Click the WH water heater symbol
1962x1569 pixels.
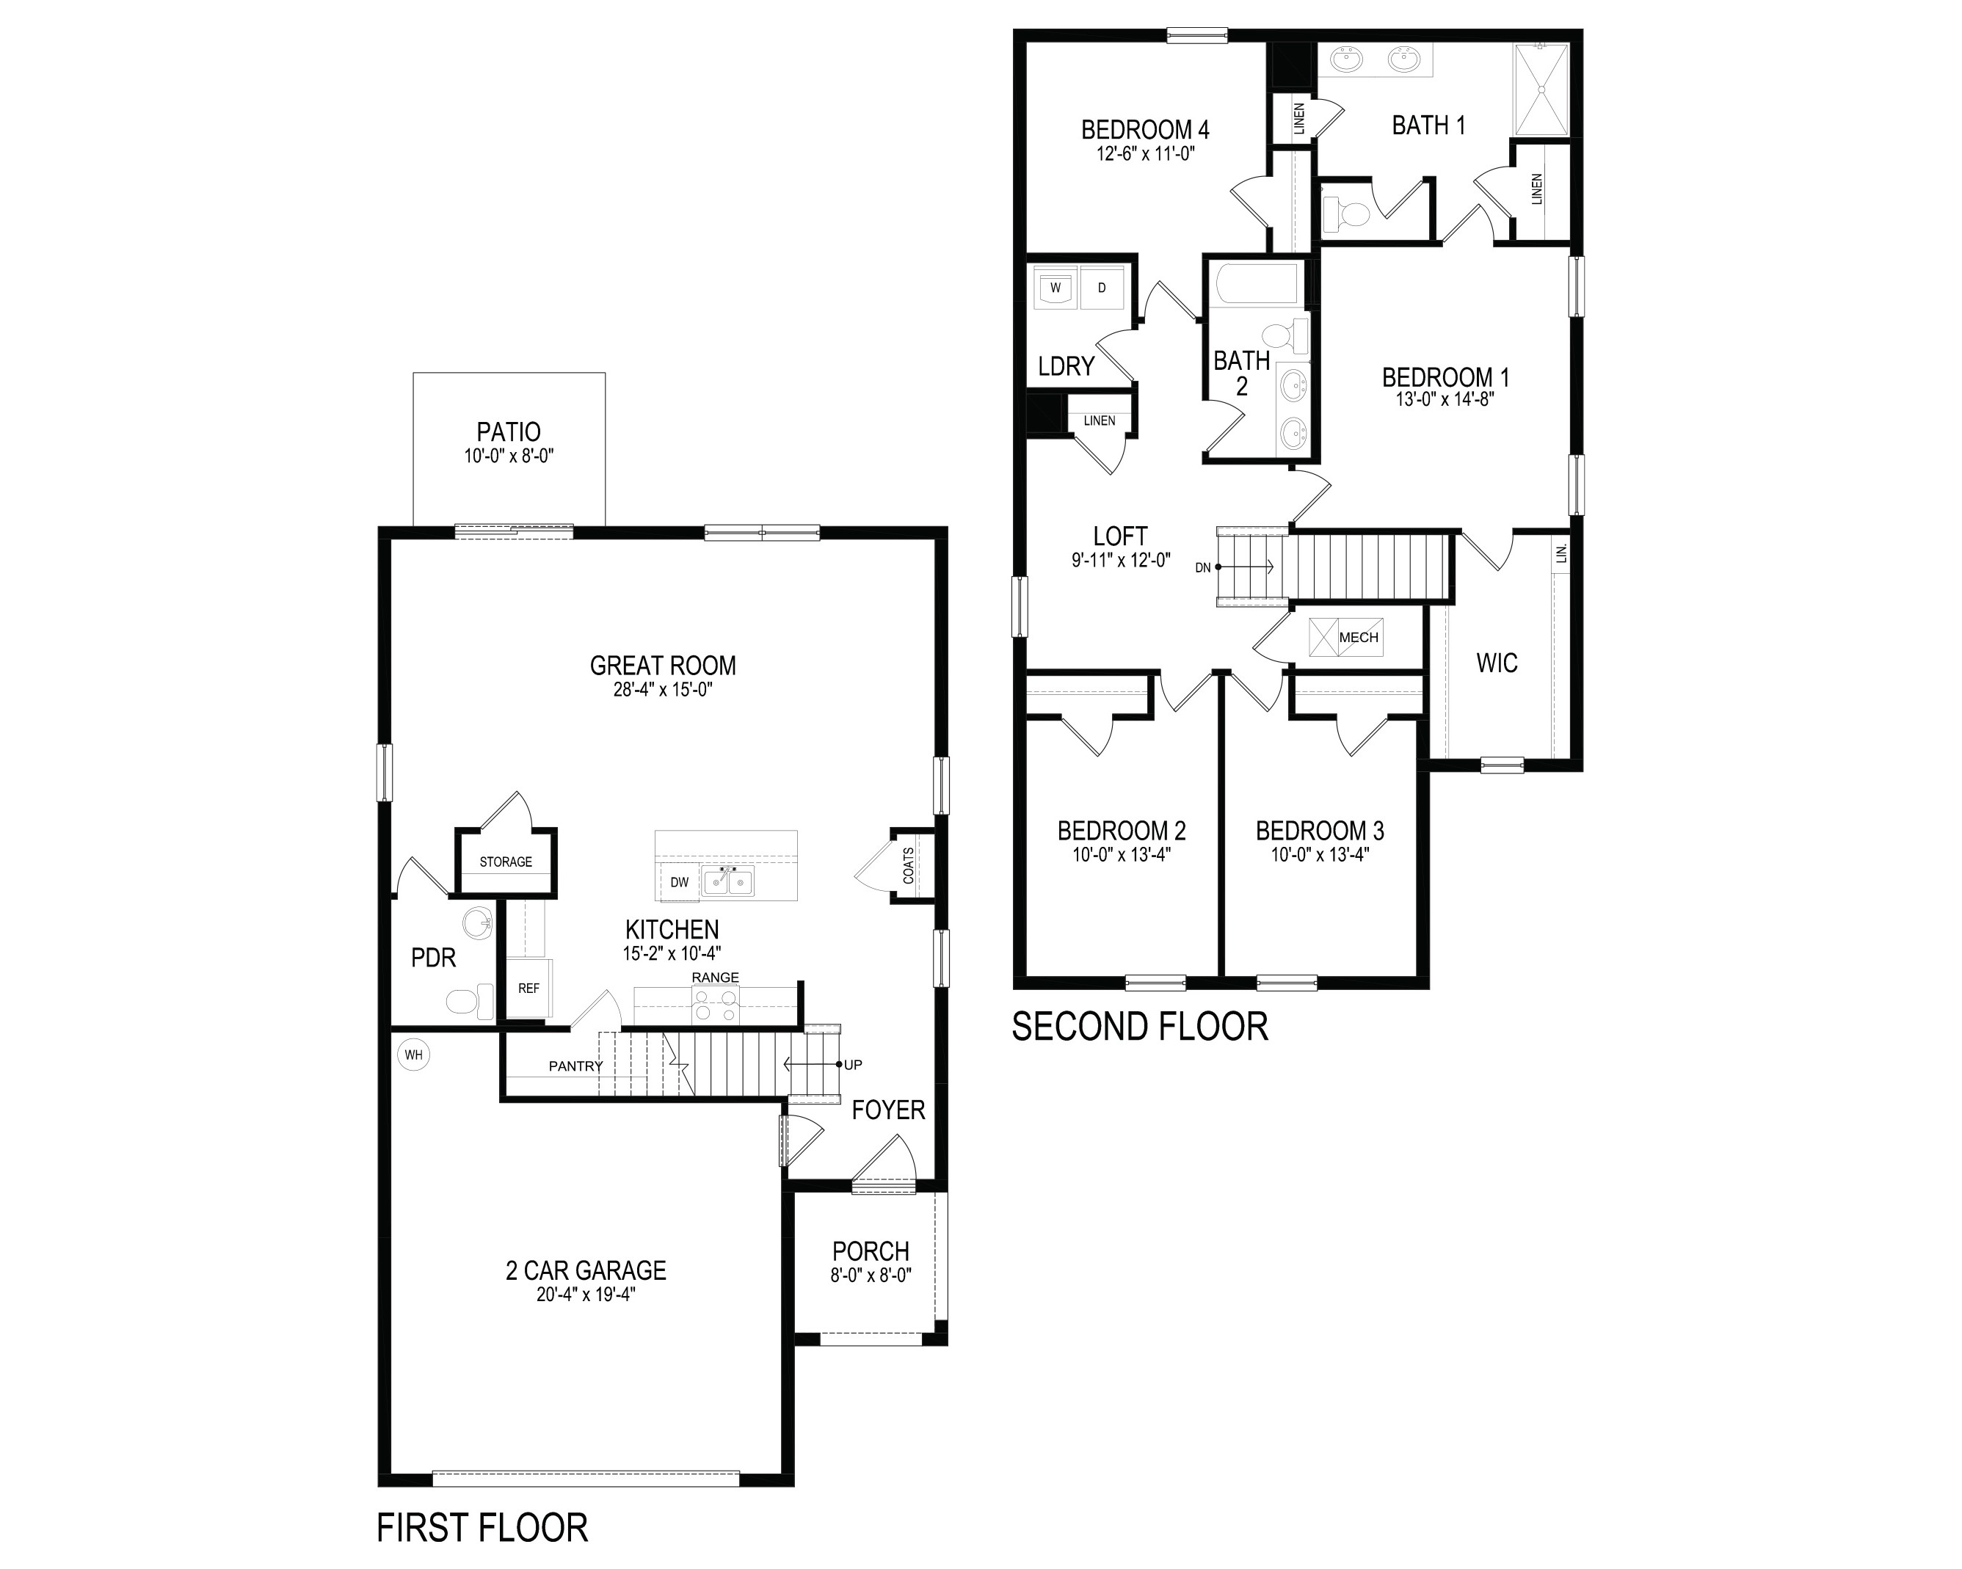pos(414,1056)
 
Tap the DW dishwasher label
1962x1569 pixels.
pos(680,882)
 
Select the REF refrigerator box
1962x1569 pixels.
pos(528,989)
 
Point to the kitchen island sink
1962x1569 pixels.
pos(728,880)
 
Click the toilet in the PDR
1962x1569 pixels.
pos(470,1002)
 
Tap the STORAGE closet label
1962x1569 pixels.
pos(506,862)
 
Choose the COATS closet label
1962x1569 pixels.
pos(908,865)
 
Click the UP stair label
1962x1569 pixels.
pos(853,1065)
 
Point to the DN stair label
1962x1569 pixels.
pos(1203,568)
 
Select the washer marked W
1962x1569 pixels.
pos(1056,288)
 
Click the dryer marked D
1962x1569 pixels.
pos(1102,288)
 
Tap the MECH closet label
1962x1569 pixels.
pos(1359,638)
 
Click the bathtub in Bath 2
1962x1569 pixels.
pos(1257,284)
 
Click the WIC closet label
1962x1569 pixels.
pos(1497,663)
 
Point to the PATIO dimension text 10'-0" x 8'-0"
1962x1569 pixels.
pos(509,456)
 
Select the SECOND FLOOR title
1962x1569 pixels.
pos(1140,1027)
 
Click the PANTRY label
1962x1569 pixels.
pos(576,1066)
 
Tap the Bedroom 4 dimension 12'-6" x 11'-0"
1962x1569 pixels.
pos(1146,154)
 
